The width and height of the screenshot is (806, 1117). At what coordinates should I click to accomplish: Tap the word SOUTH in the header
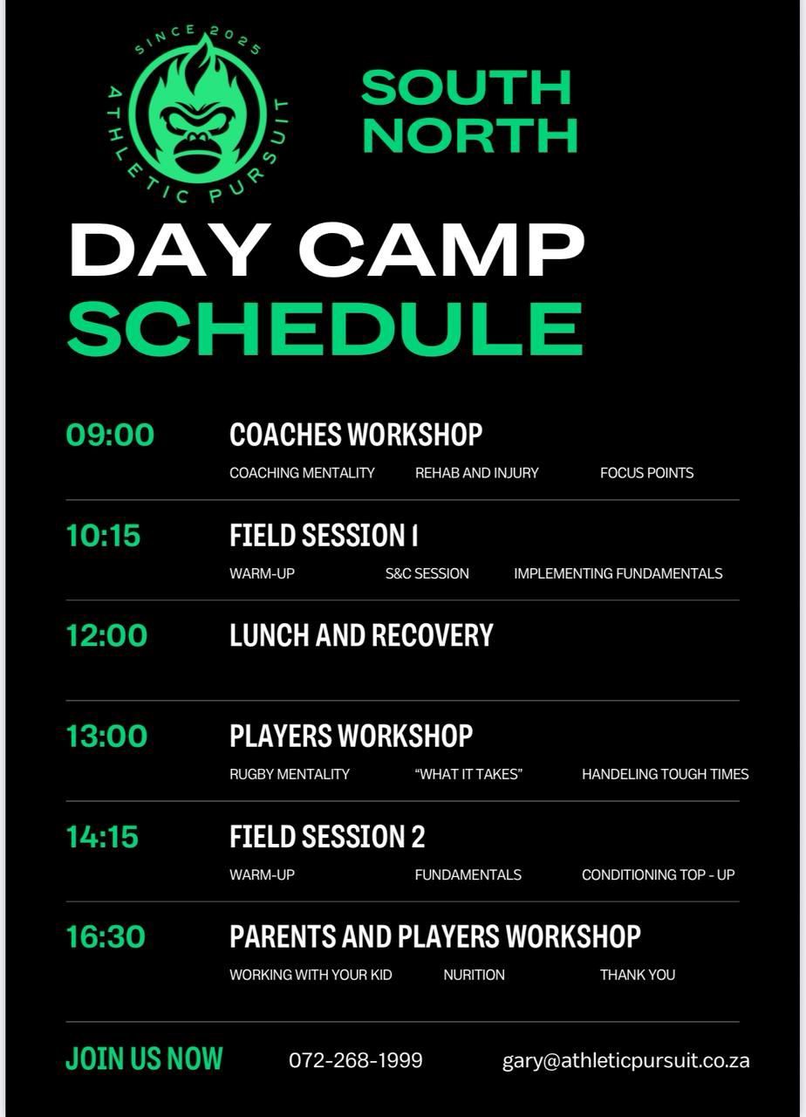pos(467,88)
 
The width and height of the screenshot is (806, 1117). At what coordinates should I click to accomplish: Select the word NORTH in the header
pos(470,135)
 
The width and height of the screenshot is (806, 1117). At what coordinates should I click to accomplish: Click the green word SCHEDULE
pos(325,329)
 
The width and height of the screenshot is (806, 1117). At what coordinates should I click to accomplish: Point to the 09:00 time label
pos(110,435)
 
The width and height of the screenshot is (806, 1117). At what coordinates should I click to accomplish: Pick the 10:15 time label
pos(103,536)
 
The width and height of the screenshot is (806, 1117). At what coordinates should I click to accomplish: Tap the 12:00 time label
pos(106,636)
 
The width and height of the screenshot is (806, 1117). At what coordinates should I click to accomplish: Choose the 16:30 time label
pos(106,936)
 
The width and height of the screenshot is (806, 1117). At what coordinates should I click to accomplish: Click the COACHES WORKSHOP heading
pos(356,435)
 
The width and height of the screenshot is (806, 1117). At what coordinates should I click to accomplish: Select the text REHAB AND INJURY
pos(477,473)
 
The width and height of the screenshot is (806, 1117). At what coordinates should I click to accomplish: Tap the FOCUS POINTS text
pos(646,473)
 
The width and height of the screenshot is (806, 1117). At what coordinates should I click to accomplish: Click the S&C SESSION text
pos(427,573)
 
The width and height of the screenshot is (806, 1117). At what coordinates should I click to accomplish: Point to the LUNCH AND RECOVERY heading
pos(361,636)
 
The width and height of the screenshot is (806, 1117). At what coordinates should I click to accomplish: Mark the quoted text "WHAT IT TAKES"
pos(468,774)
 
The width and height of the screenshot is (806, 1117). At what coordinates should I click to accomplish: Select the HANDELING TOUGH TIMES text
pos(665,774)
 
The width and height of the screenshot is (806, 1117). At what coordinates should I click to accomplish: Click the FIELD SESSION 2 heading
pos(327,836)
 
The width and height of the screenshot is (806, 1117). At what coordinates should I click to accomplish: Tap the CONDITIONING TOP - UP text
pos(658,874)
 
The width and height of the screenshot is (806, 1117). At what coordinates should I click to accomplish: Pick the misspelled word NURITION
pos(474,975)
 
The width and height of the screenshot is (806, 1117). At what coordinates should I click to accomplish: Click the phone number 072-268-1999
pos(355,1059)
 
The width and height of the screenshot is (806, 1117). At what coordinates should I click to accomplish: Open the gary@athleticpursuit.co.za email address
pos(625,1060)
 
